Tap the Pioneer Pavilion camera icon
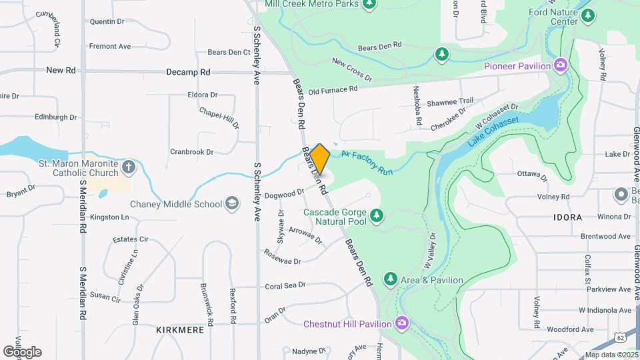click(561, 65)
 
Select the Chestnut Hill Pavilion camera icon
click(401, 324)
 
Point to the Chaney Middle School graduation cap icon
click(232, 204)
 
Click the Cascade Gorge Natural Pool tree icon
click(377, 215)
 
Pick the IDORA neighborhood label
click(567, 217)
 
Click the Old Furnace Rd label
click(333, 89)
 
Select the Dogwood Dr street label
click(284, 195)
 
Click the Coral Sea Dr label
click(285, 285)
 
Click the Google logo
click(22, 352)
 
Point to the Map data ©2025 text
click(611, 355)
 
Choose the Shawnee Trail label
click(450, 101)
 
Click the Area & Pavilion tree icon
click(390, 279)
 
